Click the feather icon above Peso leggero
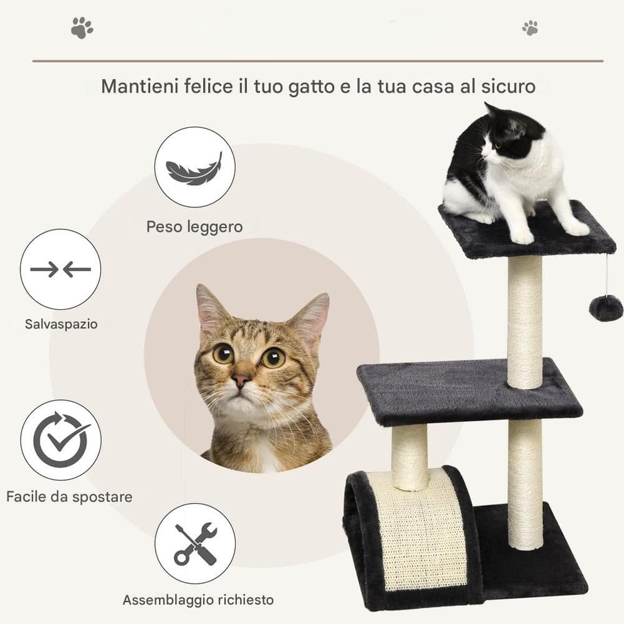(x=194, y=169)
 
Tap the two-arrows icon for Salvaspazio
(x=60, y=269)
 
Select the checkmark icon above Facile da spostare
(x=61, y=439)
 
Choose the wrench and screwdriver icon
(x=195, y=544)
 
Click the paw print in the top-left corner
(x=82, y=27)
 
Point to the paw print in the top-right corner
(x=530, y=28)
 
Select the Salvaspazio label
(x=61, y=324)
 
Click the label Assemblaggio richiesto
(x=198, y=600)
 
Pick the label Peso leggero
(x=194, y=227)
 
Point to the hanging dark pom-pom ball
(x=606, y=309)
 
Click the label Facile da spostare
(x=69, y=497)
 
